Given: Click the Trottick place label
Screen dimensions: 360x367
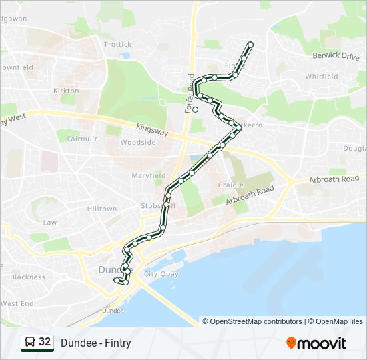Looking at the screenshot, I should point(118,45).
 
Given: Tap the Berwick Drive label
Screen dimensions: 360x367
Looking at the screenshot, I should point(336,57).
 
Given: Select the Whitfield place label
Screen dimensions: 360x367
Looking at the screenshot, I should point(322,77).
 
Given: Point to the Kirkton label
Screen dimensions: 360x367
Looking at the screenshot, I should point(66,91).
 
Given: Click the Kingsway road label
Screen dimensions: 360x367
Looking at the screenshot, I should point(152,127).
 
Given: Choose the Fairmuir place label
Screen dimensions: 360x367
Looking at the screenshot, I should point(83,139).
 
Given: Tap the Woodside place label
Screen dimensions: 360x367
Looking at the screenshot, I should point(138,143).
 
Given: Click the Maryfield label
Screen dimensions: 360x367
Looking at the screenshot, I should point(148,176).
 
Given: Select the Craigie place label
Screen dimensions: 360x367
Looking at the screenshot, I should point(231,185).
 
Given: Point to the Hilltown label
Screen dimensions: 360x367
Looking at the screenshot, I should point(102,209).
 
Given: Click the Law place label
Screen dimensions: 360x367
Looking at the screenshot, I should point(50,223).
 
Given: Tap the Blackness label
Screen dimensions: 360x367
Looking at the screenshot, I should point(27,277).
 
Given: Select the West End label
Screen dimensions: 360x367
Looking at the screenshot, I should point(17,303).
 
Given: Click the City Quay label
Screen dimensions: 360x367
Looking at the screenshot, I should point(161,274).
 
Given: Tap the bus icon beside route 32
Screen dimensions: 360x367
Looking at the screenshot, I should point(30,343).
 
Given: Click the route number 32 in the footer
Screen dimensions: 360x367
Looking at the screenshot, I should point(45,342).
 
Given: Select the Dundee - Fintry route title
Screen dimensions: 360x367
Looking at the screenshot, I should point(95,343).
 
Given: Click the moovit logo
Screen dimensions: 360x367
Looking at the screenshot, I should point(316,343).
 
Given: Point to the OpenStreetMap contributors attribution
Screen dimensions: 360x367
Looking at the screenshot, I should point(256,321).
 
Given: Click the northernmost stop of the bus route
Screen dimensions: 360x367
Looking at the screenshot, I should point(251,45).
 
